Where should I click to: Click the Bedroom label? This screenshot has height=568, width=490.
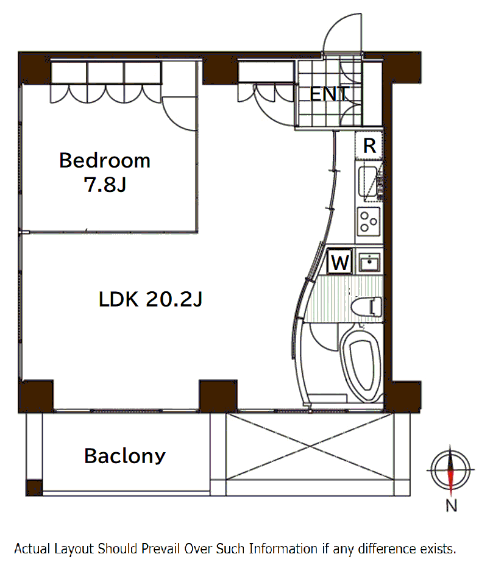(105, 160)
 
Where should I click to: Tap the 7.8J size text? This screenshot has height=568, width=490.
(105, 185)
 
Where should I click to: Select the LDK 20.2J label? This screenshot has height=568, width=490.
(151, 300)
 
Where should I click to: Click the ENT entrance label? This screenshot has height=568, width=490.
(330, 94)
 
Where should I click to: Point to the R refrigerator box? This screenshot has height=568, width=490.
(369, 146)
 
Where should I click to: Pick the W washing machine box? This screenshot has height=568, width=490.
(339, 261)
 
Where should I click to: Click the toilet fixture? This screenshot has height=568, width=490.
(366, 307)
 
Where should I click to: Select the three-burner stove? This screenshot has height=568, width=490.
(369, 221)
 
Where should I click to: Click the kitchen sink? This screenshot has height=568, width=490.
(367, 183)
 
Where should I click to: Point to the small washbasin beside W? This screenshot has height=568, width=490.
(369, 261)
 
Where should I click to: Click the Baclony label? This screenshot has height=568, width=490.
(125, 456)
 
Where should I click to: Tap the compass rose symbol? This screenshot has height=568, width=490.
(450, 469)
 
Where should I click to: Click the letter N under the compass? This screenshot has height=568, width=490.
(451, 506)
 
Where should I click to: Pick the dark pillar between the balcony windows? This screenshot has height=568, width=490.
(218, 396)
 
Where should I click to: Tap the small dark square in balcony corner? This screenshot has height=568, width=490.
(34, 488)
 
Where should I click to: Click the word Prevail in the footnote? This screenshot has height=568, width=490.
(162, 549)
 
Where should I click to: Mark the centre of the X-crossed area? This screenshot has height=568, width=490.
(310, 447)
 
